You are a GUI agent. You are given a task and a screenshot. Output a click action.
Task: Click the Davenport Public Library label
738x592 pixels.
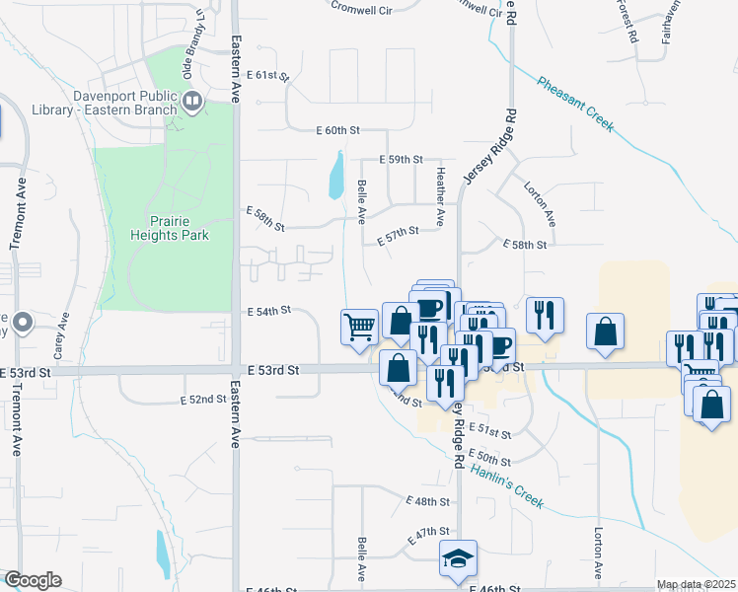click(123, 103)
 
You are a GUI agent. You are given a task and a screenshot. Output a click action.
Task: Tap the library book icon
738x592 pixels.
click(192, 99)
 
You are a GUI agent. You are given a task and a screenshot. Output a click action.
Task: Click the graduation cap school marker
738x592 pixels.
click(459, 558)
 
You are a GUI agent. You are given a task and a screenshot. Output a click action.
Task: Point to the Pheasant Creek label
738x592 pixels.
click(575, 104)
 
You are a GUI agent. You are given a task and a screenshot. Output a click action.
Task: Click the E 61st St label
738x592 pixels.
click(266, 75)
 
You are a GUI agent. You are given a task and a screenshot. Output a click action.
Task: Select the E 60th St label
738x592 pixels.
click(340, 130)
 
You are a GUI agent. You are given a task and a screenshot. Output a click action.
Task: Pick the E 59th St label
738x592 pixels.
click(402, 159)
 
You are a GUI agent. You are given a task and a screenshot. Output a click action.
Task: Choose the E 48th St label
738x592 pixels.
click(427, 501)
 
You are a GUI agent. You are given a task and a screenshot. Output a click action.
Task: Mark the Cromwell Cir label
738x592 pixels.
click(360, 7)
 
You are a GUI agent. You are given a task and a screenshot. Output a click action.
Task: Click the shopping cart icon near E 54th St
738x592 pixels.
click(360, 326)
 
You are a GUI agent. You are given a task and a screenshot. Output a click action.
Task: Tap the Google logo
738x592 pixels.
click(32, 580)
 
